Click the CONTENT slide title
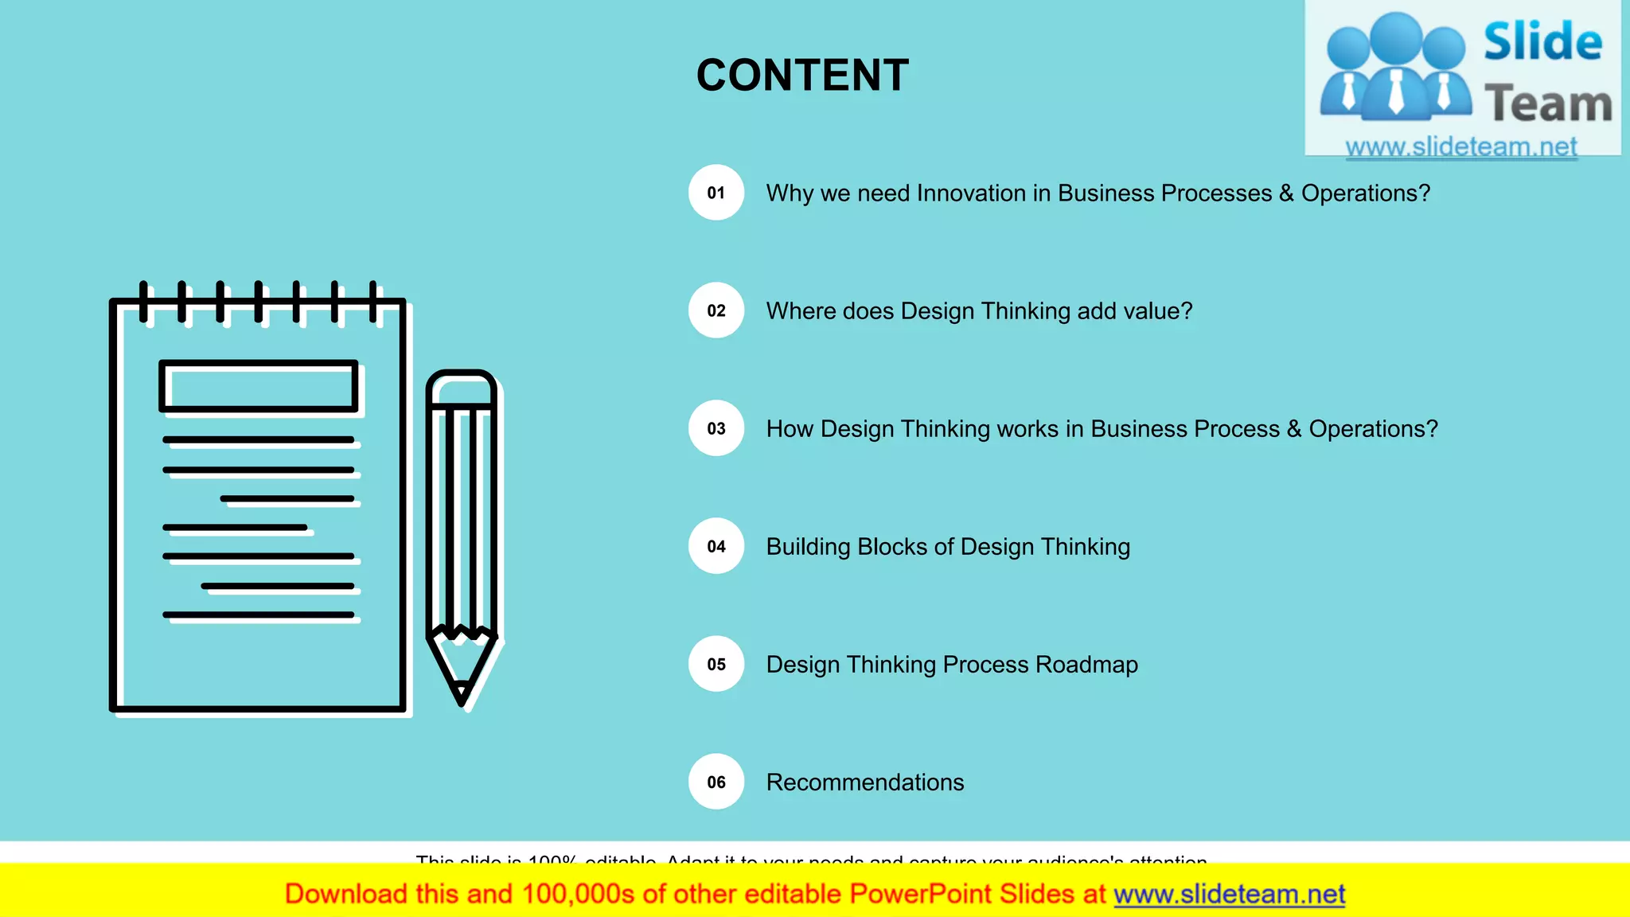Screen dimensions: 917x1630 [802, 76]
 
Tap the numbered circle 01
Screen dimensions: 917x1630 [716, 193]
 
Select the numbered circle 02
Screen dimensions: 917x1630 [716, 310]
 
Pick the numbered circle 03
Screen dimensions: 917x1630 [716, 428]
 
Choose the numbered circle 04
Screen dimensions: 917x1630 [716, 546]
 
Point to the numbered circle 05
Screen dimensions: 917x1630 [716, 664]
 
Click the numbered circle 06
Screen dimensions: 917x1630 [716, 782]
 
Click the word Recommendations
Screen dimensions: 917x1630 [865, 782]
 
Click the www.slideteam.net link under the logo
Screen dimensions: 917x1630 [1461, 146]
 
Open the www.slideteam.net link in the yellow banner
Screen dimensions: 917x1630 [1229, 894]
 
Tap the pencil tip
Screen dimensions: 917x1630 [462, 697]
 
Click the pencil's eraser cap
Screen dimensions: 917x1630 [462, 387]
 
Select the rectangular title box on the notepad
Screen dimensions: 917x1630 [259, 387]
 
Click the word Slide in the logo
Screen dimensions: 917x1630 [1542, 41]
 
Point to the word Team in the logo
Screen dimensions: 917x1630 [1548, 104]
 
